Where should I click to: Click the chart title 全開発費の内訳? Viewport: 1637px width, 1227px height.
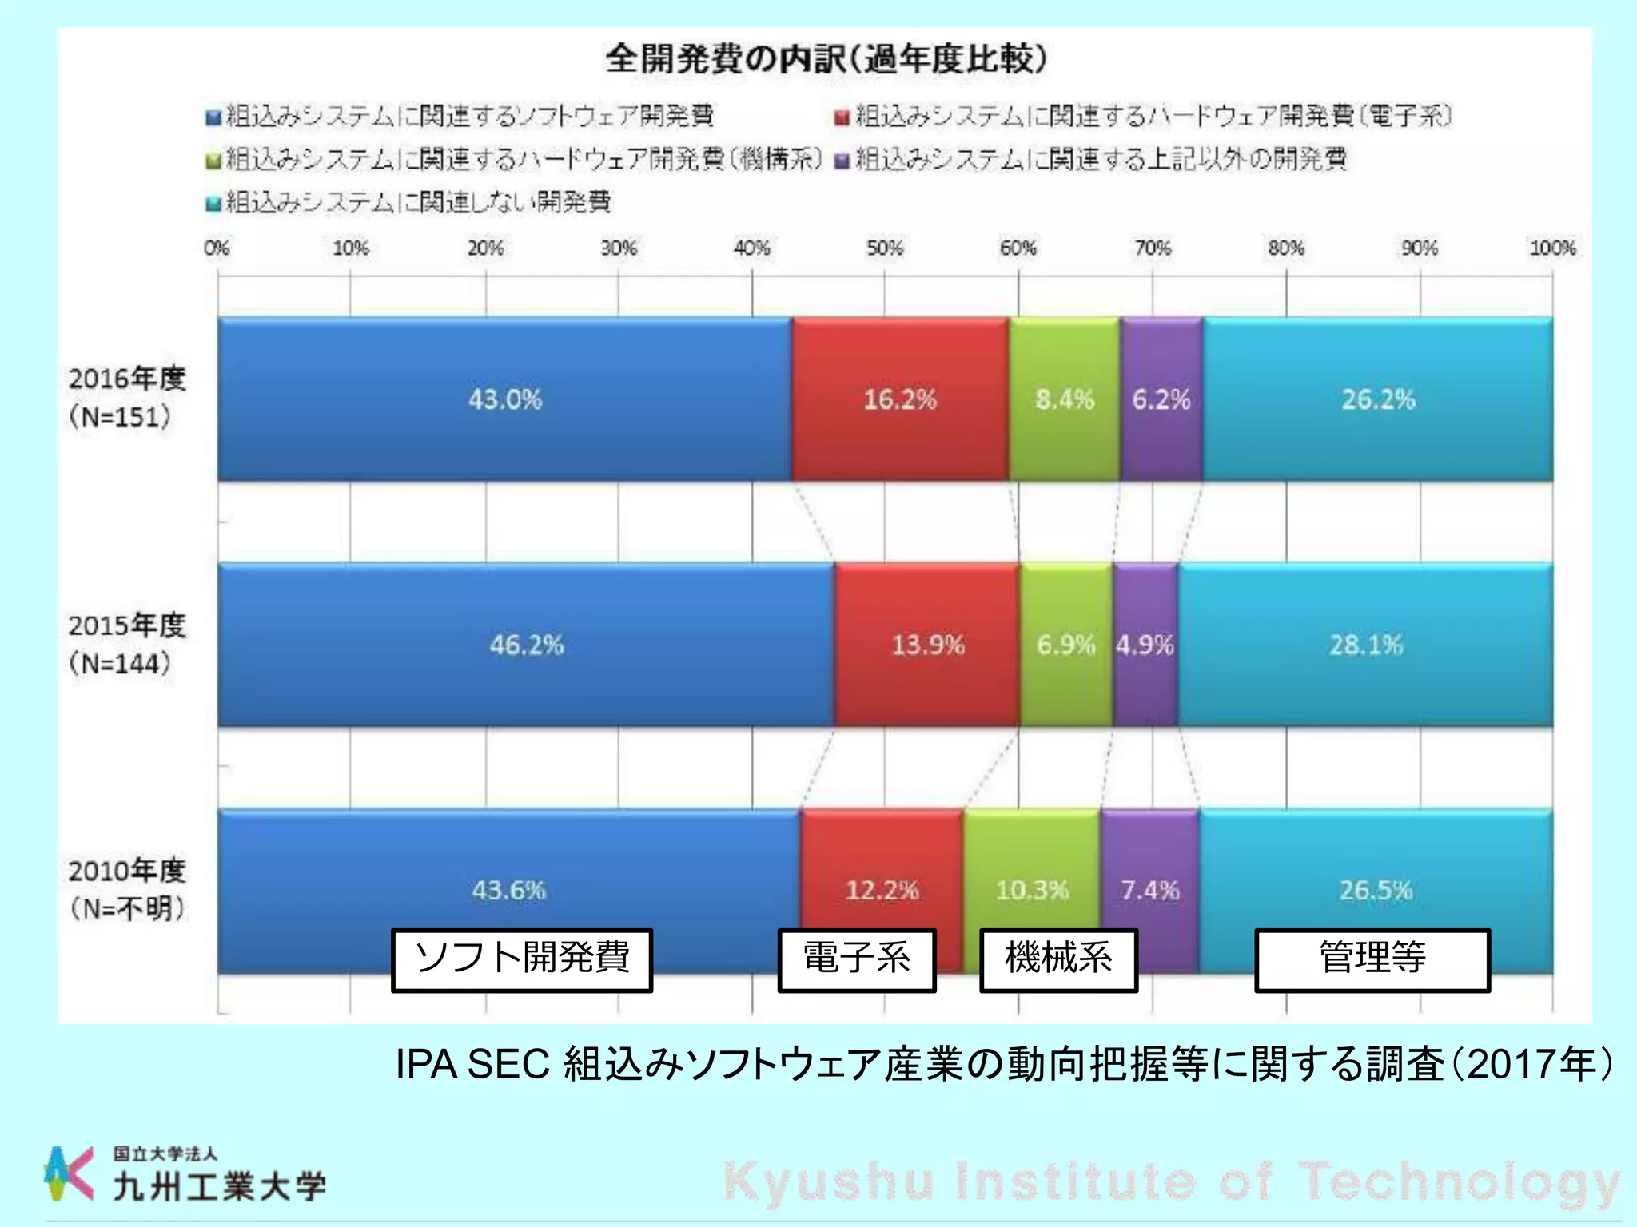point(825,59)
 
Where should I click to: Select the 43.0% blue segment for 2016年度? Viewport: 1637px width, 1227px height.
point(504,399)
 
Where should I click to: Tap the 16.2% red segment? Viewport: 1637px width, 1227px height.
point(899,399)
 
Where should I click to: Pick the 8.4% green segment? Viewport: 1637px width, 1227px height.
point(1064,399)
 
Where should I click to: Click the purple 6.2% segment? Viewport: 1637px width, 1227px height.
point(1161,399)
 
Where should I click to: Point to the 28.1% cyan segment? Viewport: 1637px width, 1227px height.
point(1365,645)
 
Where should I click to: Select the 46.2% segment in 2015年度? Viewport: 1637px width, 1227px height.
point(526,645)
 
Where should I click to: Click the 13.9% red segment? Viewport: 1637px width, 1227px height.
point(927,645)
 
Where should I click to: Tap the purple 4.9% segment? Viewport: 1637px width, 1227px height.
point(1145,645)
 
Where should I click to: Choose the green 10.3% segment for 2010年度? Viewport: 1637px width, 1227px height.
point(1031,890)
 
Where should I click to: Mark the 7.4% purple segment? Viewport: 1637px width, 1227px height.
point(1149,890)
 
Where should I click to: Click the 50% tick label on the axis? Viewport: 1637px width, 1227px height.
point(884,248)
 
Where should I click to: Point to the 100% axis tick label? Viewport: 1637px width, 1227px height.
point(1552,248)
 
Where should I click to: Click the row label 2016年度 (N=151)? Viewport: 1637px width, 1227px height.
point(126,398)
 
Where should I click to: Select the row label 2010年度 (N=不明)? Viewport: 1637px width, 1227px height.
point(126,889)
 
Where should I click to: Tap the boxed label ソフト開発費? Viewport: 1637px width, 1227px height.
point(522,959)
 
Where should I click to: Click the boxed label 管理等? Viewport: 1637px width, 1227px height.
point(1372,959)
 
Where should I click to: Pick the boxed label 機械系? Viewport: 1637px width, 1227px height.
point(1058,959)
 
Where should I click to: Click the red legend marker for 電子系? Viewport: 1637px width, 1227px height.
point(841,118)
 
